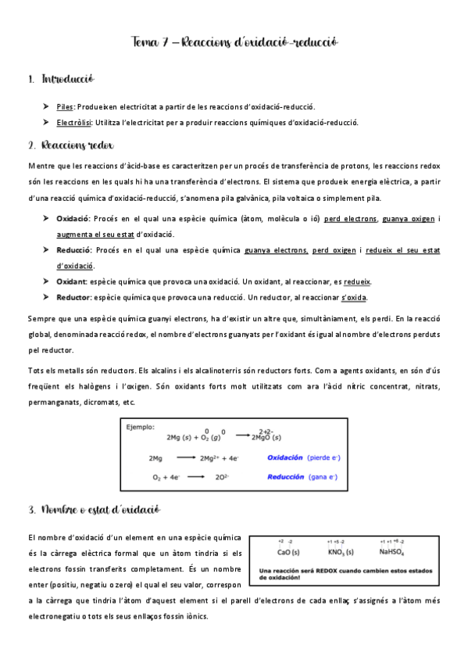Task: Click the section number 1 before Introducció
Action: coord(30,79)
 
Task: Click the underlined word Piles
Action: coord(64,106)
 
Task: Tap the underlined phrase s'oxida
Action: coord(355,298)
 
